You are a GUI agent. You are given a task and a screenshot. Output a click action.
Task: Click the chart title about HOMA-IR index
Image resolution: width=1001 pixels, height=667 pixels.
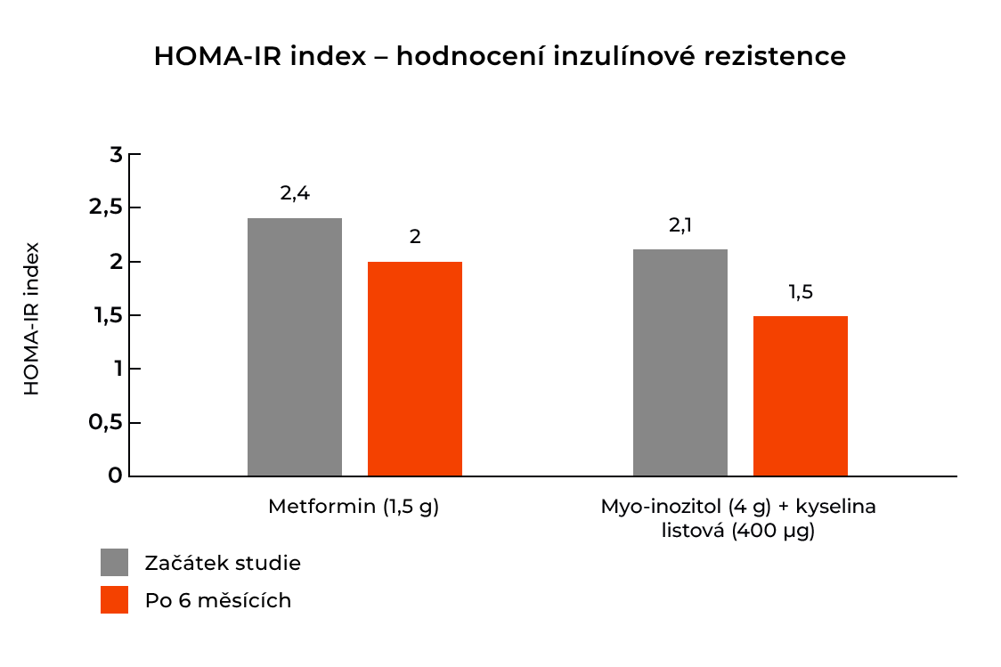(x=500, y=56)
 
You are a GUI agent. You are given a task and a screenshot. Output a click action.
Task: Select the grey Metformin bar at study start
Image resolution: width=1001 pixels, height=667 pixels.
(x=294, y=347)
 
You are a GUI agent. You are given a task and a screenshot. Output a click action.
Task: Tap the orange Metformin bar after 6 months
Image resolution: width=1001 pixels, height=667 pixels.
(x=415, y=369)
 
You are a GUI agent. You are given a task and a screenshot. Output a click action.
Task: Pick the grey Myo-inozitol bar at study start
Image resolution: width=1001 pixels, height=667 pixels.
(x=680, y=362)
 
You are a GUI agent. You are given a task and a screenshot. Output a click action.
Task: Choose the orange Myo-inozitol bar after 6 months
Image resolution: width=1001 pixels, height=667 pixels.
(x=800, y=395)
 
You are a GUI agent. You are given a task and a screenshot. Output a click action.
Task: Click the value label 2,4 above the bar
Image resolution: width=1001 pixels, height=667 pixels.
(x=295, y=193)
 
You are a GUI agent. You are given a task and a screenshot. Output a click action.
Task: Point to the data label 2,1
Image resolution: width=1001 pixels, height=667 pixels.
(x=680, y=225)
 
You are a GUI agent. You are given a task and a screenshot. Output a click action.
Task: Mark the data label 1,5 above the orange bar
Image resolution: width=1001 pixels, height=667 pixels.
(x=801, y=291)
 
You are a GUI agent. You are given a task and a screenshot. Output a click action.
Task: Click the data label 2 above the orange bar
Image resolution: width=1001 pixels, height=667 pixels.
(x=415, y=238)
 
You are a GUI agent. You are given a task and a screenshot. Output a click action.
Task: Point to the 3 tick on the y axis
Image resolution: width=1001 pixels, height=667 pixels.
(x=115, y=155)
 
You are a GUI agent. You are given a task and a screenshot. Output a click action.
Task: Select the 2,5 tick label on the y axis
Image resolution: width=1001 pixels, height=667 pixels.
(x=104, y=208)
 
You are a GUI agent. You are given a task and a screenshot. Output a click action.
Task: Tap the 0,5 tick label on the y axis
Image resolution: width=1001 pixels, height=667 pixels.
(x=104, y=423)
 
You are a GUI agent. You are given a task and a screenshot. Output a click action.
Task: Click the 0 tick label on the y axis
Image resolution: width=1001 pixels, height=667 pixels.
(x=115, y=476)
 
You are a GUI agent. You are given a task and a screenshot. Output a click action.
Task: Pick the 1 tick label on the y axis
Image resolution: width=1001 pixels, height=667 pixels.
(x=116, y=369)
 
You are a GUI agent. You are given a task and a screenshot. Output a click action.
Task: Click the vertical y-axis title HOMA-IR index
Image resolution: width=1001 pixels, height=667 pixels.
(x=31, y=318)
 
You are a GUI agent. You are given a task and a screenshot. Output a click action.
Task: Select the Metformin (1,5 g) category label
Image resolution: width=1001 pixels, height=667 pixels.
(x=354, y=507)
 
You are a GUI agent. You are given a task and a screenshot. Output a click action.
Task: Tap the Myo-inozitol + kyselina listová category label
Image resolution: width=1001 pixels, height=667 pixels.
(x=738, y=519)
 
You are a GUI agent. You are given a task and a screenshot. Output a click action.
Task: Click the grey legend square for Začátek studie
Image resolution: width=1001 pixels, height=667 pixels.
(x=114, y=562)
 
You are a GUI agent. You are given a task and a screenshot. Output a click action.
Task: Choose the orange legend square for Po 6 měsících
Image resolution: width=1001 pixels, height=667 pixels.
(x=114, y=599)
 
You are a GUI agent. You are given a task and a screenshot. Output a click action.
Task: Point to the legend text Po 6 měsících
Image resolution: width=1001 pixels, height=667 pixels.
(x=218, y=600)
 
